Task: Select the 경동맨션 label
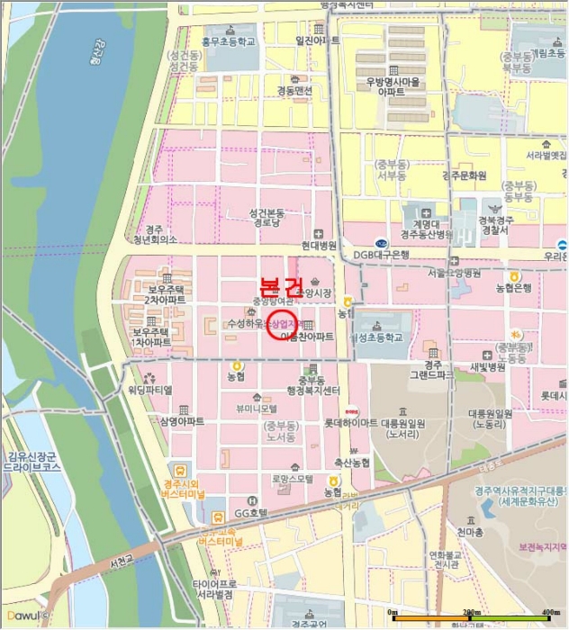click(x=294, y=91)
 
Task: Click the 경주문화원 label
click(x=465, y=175)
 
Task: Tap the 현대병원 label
click(x=319, y=245)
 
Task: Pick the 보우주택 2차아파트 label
click(x=165, y=292)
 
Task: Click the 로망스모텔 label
click(x=291, y=479)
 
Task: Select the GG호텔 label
click(x=251, y=511)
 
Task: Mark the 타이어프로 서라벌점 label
click(x=213, y=589)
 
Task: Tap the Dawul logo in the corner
click(x=25, y=616)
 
